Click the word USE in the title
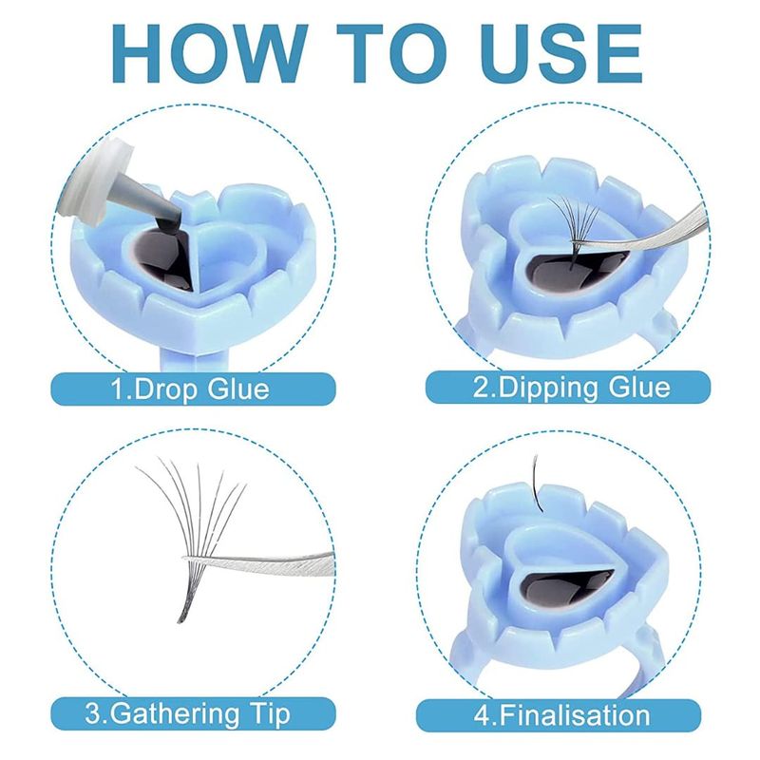point(561,53)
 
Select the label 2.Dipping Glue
point(572,388)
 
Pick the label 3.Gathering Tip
point(187,714)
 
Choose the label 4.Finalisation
point(561,715)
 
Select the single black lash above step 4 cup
point(536,484)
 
